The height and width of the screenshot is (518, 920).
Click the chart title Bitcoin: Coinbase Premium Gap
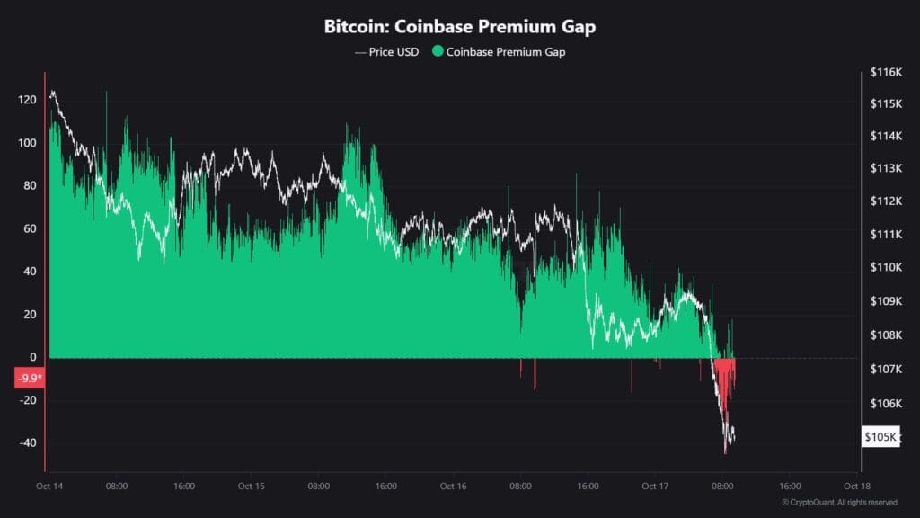pyautogui.click(x=459, y=27)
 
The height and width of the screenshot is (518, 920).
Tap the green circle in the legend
pyautogui.click(x=438, y=52)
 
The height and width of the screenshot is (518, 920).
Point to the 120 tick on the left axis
pyautogui.click(x=27, y=100)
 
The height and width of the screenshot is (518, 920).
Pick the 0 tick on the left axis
pyautogui.click(x=32, y=358)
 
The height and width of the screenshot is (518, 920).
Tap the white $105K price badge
pyautogui.click(x=881, y=437)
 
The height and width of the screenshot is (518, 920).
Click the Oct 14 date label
pyautogui.click(x=49, y=486)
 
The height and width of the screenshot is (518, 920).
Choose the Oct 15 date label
pyautogui.click(x=251, y=486)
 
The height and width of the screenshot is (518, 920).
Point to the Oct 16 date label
pyautogui.click(x=453, y=486)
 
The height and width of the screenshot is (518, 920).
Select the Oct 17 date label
pyautogui.click(x=656, y=486)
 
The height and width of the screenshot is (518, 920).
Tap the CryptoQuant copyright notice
pyautogui.click(x=839, y=502)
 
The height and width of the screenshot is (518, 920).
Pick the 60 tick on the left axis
pyautogui.click(x=29, y=228)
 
